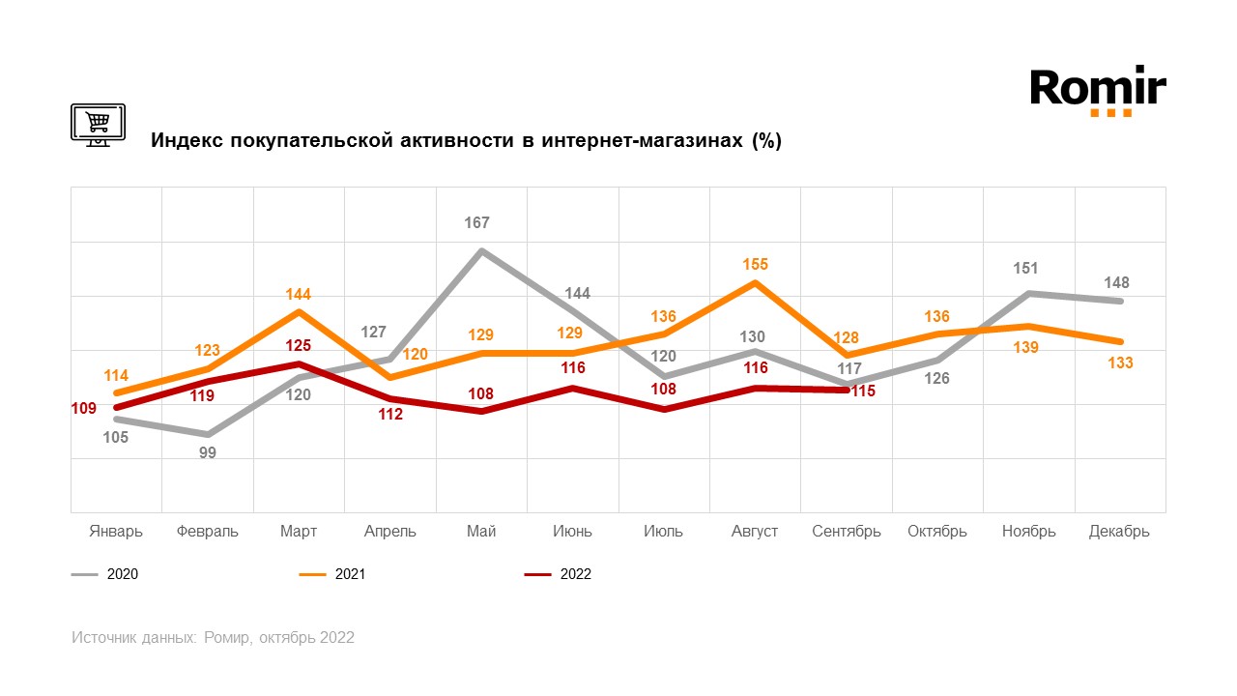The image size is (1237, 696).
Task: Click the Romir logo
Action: pos(1098,91)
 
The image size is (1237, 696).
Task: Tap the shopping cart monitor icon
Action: pos(98,124)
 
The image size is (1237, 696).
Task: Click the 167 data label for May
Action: pos(477,223)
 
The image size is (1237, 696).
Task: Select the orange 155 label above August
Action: pos(756,264)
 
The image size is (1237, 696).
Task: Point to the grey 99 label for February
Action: pos(208,452)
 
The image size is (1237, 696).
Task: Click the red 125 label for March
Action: pos(299,345)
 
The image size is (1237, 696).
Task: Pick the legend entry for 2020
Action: pos(105,574)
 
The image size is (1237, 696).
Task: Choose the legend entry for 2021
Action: pos(332,574)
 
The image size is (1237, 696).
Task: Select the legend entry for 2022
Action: pos(558,574)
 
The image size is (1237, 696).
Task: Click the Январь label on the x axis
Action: pos(116,532)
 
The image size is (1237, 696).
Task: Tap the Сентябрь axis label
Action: pos(847,532)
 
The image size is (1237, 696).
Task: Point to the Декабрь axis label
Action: pos(1119,532)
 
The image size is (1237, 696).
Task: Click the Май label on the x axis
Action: pos(481,532)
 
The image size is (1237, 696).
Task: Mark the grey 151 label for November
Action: pos(1027,269)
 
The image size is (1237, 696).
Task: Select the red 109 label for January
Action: pos(83,409)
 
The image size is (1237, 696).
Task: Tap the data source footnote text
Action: pos(213,638)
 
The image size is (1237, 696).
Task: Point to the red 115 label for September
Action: pos(862,391)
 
